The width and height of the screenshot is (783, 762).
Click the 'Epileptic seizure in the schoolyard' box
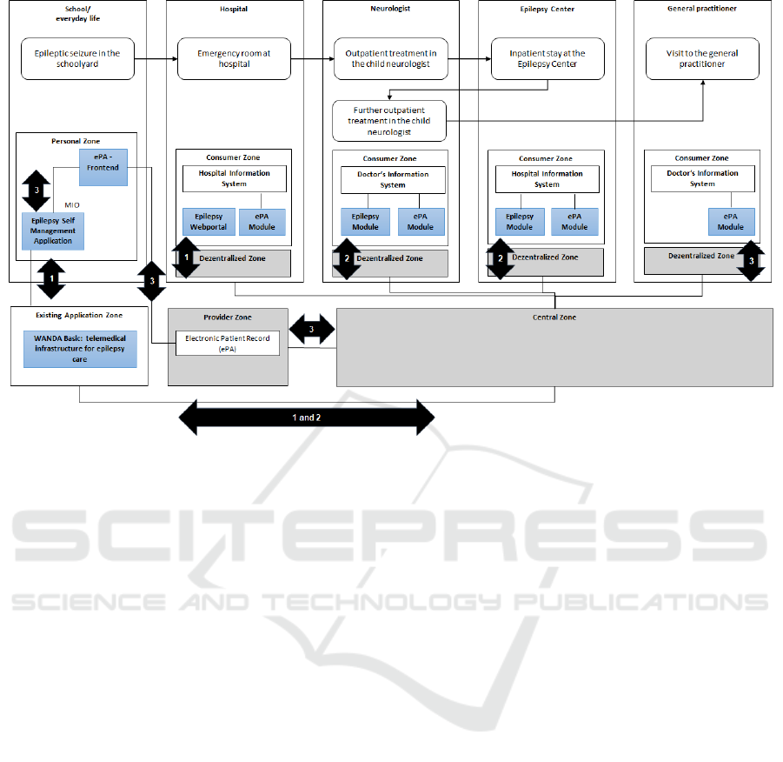click(x=77, y=58)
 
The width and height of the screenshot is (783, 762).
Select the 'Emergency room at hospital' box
click(x=234, y=58)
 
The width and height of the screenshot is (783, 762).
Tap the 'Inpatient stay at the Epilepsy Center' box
click(x=547, y=58)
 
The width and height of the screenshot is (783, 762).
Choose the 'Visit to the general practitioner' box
click(x=702, y=58)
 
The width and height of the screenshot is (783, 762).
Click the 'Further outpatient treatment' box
click(x=390, y=121)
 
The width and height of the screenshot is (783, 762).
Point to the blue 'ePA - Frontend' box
click(x=103, y=167)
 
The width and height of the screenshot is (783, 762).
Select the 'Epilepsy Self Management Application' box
click(x=53, y=231)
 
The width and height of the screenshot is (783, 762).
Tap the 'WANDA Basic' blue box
click(x=80, y=348)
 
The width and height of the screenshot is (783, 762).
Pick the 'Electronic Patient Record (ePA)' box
click(x=228, y=343)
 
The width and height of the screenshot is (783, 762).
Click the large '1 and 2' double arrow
click(x=306, y=418)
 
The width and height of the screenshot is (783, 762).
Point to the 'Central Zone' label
click(x=554, y=317)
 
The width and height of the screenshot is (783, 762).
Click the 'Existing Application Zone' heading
click(x=79, y=314)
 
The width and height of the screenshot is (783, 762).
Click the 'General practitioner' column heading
click(x=702, y=8)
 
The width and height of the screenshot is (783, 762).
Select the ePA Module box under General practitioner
click(x=731, y=221)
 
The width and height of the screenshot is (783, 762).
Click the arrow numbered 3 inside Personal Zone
click(x=36, y=189)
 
